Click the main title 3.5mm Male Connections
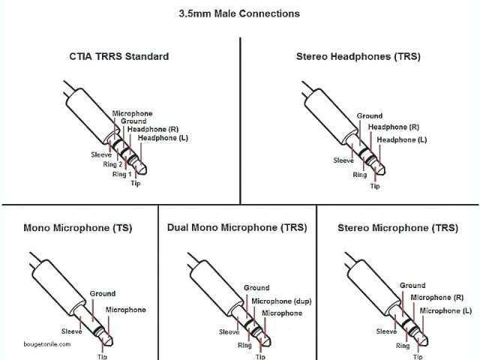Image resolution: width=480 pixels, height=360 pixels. click(x=239, y=13)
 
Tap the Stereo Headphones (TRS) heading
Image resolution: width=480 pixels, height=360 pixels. click(x=358, y=56)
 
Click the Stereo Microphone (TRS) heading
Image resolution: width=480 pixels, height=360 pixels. click(x=397, y=227)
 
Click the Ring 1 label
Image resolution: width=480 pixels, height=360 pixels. click(x=121, y=174)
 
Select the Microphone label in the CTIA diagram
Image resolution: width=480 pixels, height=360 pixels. click(x=132, y=113)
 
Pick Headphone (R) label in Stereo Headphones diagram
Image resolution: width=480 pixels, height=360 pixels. click(x=394, y=127)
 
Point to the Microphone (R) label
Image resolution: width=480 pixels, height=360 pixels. click(x=442, y=298)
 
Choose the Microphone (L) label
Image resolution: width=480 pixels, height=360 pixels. click(x=445, y=310)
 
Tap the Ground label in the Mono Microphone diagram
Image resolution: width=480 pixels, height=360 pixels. click(x=103, y=293)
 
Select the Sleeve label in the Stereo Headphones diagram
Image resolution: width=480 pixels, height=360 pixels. click(x=343, y=160)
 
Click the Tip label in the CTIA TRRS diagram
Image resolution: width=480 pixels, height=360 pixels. click(x=135, y=184)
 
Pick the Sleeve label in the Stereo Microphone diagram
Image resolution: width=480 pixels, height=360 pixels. click(x=386, y=331)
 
